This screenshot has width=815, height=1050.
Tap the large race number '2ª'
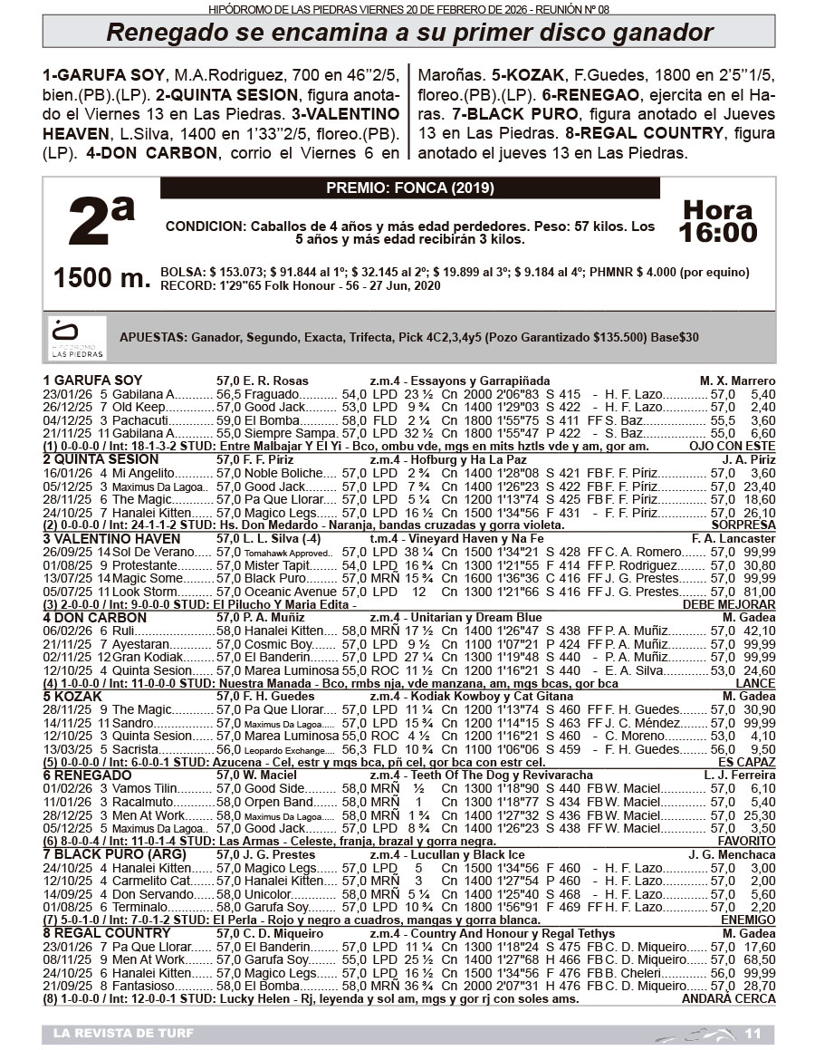coord(101,224)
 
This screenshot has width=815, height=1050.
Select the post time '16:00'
coord(718,233)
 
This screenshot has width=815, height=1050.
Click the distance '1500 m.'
coord(101,278)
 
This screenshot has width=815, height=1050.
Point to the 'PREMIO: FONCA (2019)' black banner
coord(409,188)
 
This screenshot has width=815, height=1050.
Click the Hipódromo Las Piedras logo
coord(77,338)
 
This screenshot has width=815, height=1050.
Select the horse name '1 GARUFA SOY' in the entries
coord(92,381)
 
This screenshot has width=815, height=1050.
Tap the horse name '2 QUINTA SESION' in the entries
coord(101,459)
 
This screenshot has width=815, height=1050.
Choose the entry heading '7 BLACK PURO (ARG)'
coord(115,854)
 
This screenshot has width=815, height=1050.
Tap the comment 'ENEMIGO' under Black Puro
coord(748,920)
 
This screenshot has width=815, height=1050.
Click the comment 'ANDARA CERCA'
coord(728,999)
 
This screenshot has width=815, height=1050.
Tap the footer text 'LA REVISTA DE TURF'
coord(123,1034)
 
